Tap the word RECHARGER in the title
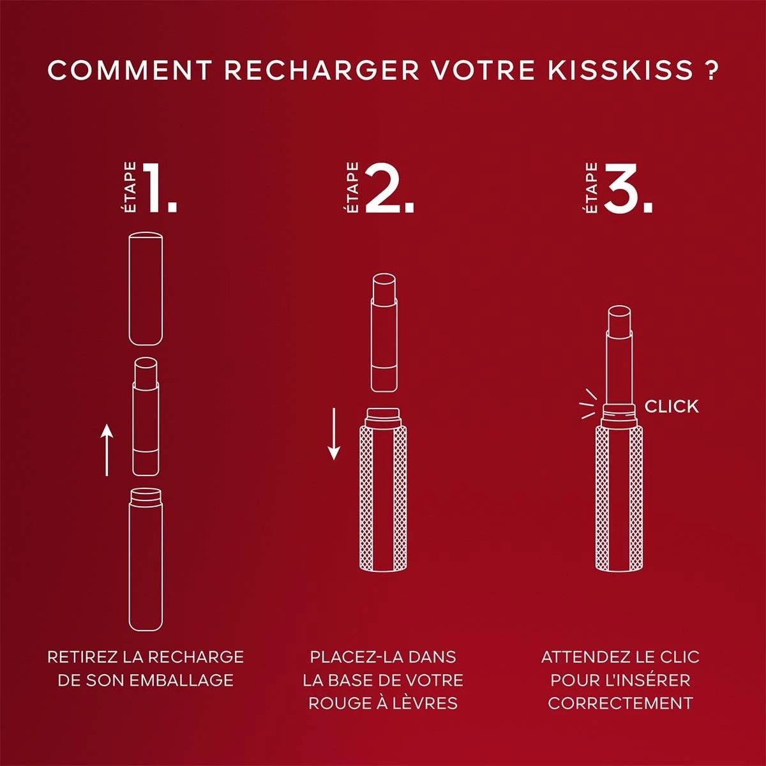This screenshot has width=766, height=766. click(x=322, y=70)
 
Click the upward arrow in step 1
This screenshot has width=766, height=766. click(x=107, y=449)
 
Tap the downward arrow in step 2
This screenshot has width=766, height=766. click(x=333, y=433)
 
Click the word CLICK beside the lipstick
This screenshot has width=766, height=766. click(x=672, y=406)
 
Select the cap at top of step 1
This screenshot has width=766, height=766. click(x=146, y=289)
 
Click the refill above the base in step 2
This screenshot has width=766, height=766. click(x=384, y=333)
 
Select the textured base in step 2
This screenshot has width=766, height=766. click(x=383, y=490)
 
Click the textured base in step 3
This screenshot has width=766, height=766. click(x=619, y=499)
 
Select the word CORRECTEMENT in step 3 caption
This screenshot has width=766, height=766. click(x=620, y=703)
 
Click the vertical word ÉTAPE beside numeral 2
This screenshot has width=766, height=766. click(x=352, y=187)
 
